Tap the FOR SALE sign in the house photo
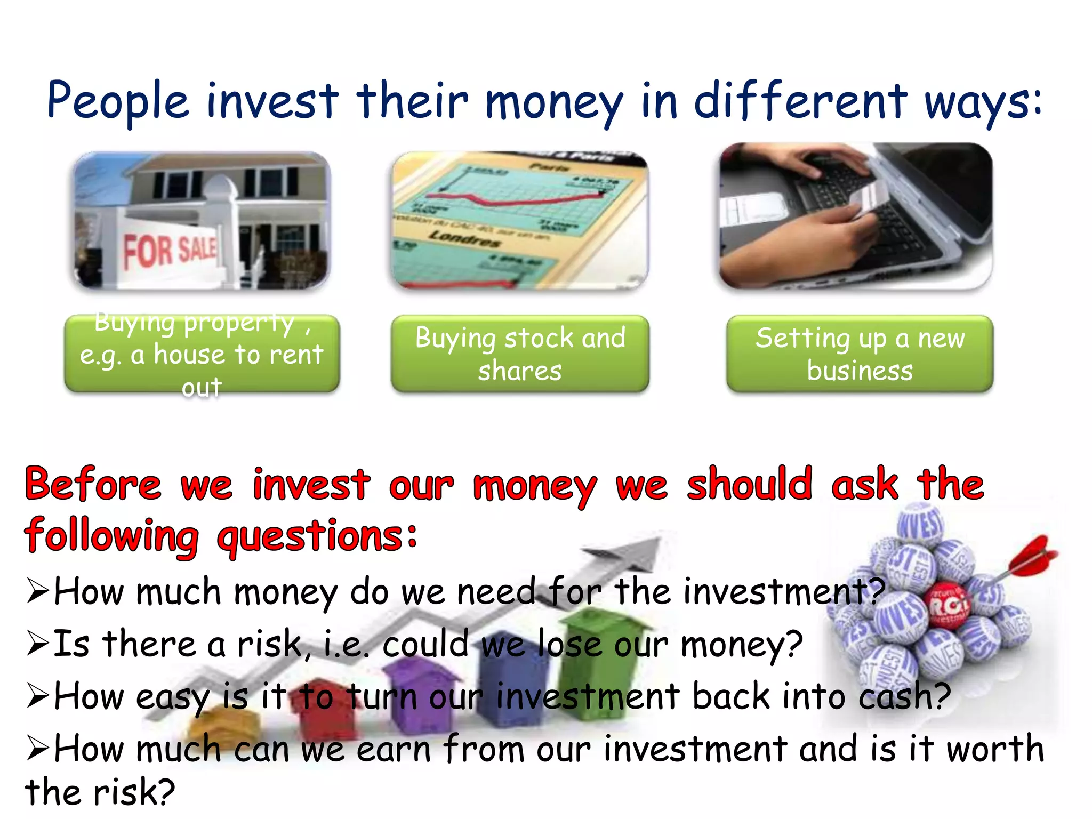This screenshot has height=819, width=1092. tap(170, 251)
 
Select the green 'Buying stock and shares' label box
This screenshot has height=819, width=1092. tap(520, 354)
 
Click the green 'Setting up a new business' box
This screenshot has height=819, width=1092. tap(860, 354)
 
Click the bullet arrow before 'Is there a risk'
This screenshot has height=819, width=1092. tap(38, 644)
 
